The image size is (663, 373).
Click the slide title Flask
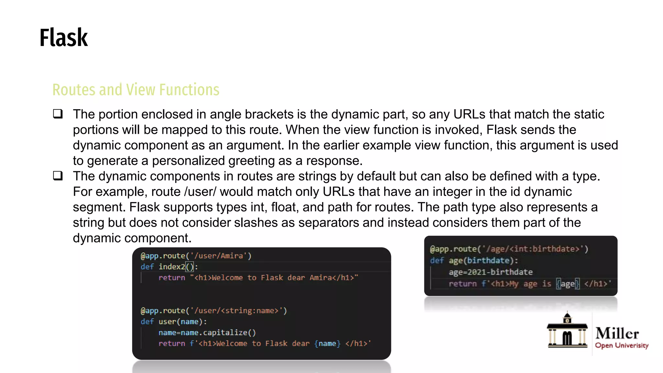63,38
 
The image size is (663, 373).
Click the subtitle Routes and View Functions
136,90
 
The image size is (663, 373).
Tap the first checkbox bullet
58,114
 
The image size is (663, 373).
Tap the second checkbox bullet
58,176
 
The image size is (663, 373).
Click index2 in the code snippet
172,267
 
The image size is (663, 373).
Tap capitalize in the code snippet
225,333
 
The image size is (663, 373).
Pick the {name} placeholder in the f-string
327,344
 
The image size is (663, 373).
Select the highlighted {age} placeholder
567,284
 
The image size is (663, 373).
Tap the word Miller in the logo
617,333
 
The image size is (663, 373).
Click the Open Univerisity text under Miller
622,345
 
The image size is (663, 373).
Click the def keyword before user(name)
147,322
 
